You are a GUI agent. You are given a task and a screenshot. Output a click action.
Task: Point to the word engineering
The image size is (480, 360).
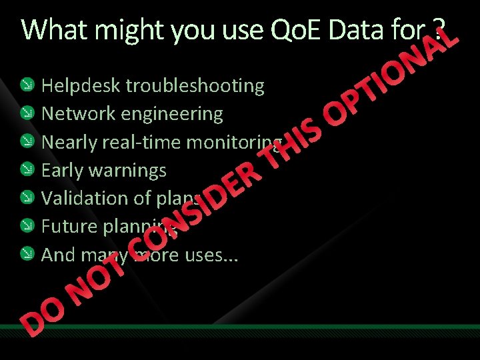[172, 114]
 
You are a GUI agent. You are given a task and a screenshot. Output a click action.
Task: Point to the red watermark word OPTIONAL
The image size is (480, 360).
[393, 73]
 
